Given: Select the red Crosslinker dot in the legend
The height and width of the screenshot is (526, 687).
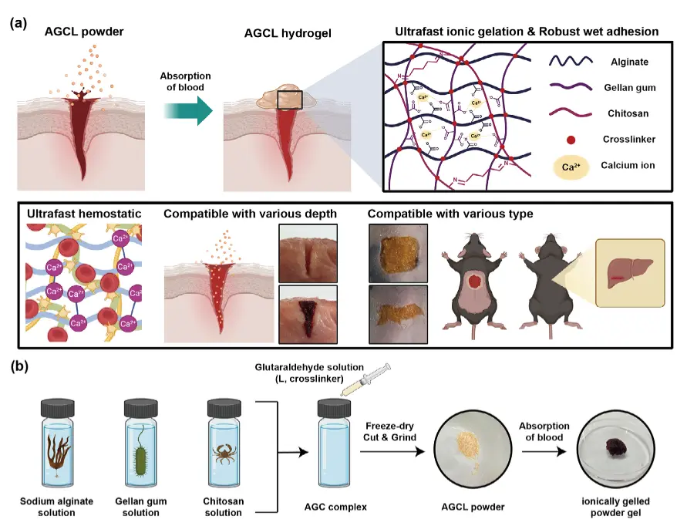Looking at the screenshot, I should click(571, 140).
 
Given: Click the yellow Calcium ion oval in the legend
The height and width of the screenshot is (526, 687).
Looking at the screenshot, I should click(571, 166).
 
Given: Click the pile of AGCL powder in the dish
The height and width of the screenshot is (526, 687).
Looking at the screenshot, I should click(467, 445).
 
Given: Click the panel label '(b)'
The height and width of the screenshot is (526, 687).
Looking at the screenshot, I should click(19, 366).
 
